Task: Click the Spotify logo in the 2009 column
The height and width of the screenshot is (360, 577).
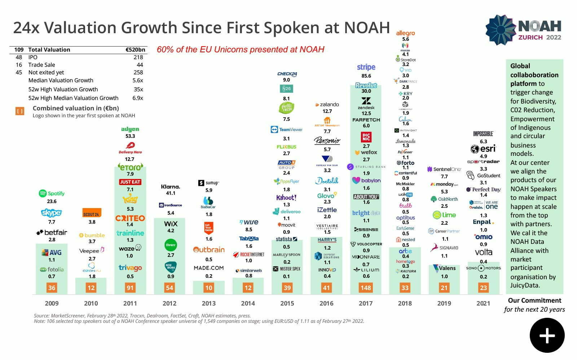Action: pos(52,193)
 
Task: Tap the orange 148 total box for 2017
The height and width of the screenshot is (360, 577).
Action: pos(366,288)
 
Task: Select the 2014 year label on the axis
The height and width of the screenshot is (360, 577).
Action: pos(248,303)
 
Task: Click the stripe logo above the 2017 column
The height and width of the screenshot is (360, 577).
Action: pos(366,67)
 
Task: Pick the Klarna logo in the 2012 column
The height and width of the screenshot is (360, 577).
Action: pos(171,186)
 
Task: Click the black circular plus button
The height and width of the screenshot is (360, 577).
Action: pos(547,335)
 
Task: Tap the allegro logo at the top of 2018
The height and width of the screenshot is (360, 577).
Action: pos(405,33)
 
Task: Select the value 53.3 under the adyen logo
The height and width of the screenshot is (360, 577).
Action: pos(130,136)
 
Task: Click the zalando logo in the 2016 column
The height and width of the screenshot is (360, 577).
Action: pos(327,105)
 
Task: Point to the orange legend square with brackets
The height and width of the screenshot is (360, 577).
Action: pos(20,111)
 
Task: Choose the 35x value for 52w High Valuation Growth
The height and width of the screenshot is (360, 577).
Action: pos(138,89)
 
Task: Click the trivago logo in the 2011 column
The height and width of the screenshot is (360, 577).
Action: pos(130,268)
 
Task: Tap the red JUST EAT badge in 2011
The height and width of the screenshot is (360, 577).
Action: pos(130,182)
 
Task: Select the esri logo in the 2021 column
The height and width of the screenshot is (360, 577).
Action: pos(483,149)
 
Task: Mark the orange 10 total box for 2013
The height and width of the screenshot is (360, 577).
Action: pos(208,288)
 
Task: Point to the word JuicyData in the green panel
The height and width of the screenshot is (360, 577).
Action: pos(525,285)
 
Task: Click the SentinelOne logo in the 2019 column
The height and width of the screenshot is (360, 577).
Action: pos(444,169)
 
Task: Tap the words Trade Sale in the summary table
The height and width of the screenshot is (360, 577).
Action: pos(41,65)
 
